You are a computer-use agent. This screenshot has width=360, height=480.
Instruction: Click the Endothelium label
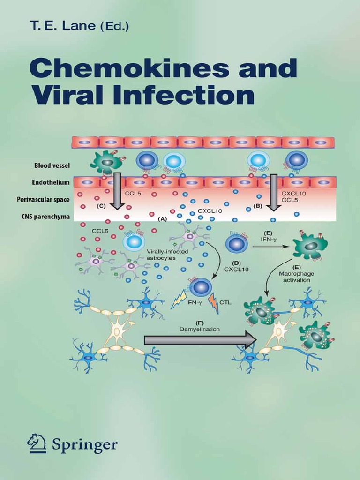coord(52,182)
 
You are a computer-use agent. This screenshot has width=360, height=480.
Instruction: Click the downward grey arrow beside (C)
coord(117,190)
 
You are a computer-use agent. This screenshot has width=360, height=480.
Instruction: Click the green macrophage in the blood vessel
coord(107,162)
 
